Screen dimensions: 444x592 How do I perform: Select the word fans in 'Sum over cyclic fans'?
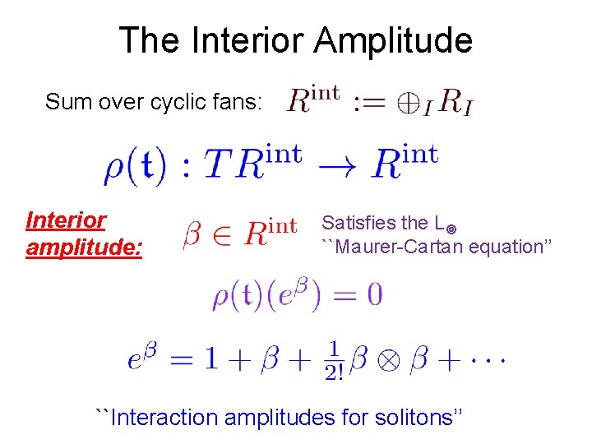click(x=234, y=102)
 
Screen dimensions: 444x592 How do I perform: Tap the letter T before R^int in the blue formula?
click(x=213, y=165)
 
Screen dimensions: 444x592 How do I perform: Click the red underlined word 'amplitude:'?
click(x=84, y=247)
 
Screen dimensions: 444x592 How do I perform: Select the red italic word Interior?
click(x=66, y=220)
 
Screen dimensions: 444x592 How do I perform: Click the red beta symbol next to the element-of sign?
click(x=192, y=237)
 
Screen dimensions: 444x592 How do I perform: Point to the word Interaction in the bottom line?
click(x=164, y=417)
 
